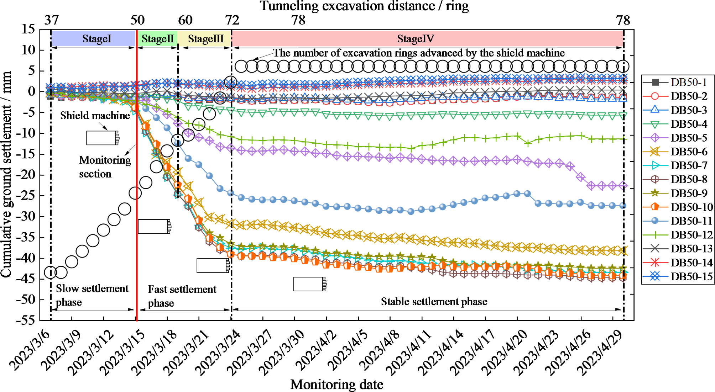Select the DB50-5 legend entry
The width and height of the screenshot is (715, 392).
[689, 138]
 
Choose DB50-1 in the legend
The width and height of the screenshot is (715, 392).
[689, 82]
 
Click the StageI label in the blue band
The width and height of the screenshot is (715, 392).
[96, 39]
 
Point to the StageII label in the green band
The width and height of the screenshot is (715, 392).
[158, 39]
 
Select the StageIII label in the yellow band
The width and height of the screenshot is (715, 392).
[206, 39]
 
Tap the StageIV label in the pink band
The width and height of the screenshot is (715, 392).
[416, 39]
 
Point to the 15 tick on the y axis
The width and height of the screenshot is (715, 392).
[29, 29]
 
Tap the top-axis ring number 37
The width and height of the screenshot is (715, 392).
[52, 20]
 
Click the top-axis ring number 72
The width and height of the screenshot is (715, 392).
[232, 20]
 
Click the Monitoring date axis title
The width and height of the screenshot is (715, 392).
[337, 385]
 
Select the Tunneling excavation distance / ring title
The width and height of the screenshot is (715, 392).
[364, 6]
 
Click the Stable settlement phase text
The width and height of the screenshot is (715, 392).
[434, 302]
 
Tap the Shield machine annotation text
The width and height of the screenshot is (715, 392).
[95, 116]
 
